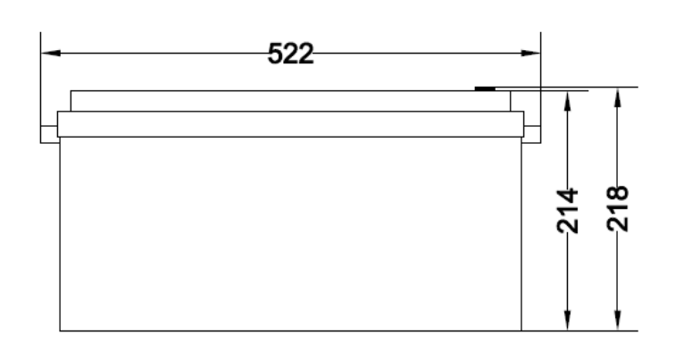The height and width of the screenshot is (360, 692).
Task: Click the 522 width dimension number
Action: pos(291,54)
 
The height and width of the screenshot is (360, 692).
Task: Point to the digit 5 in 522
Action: pos(276,54)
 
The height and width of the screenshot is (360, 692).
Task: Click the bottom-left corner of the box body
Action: pos(60,331)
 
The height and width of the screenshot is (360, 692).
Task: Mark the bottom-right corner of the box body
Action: pos(522,331)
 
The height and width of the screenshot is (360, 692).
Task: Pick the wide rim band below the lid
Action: pos(290,124)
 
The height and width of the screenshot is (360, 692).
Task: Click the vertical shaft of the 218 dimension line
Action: pos(616,268)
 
